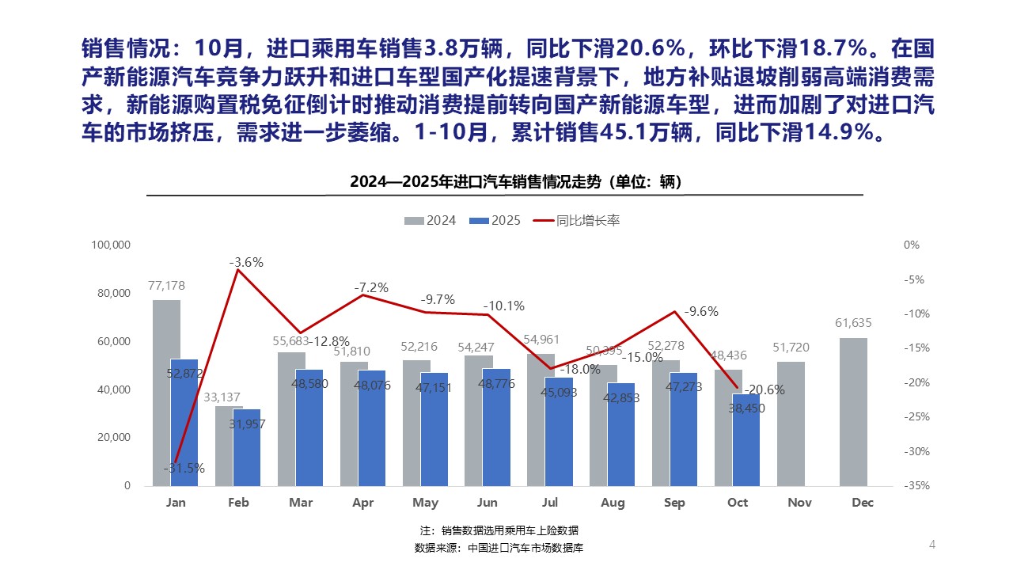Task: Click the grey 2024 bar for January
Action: pyautogui.click(x=166, y=392)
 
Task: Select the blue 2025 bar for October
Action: pyautogui.click(x=746, y=439)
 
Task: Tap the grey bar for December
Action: pyautogui.click(x=853, y=412)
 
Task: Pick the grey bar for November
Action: pyautogui.click(x=791, y=424)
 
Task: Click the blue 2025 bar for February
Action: pyautogui.click(x=247, y=447)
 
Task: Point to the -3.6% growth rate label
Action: pyautogui.click(x=246, y=262)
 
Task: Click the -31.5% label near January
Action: pyautogui.click(x=184, y=468)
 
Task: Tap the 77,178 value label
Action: pyautogui.click(x=166, y=286)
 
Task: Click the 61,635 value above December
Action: pyautogui.click(x=853, y=323)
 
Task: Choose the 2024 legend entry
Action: pyautogui.click(x=431, y=221)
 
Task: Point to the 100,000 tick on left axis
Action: pyautogui.click(x=111, y=245)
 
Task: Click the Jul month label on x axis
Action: pyautogui.click(x=550, y=503)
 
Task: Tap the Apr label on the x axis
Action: pyautogui.click(x=362, y=503)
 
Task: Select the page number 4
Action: pyautogui.click(x=931, y=545)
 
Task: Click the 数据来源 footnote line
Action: pyautogui.click(x=499, y=548)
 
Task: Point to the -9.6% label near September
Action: pyautogui.click(x=701, y=312)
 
